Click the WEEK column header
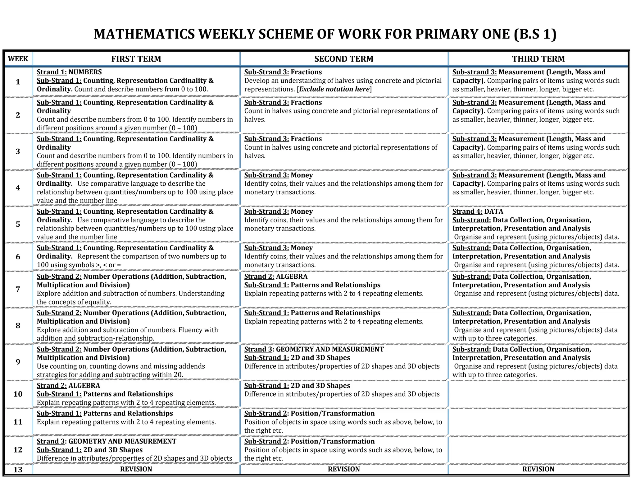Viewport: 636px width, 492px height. coord(18,59)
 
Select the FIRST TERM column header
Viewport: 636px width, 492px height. coord(136,59)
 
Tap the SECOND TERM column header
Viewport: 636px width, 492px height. coord(344,59)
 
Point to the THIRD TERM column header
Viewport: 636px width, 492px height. coord(538,59)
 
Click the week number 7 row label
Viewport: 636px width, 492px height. coord(18,289)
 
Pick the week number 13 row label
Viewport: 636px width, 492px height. coord(18,469)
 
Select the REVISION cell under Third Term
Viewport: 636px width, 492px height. coord(538,469)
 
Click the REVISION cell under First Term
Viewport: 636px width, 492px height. coord(136,469)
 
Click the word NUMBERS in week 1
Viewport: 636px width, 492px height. coord(85,72)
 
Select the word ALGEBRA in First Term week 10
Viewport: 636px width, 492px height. coord(84,386)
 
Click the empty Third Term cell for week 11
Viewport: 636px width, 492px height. coord(538,422)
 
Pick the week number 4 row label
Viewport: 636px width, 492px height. coord(18,188)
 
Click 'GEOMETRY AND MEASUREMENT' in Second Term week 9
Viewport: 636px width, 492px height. coord(329,349)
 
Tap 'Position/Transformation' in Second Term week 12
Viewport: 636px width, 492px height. coord(332,441)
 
